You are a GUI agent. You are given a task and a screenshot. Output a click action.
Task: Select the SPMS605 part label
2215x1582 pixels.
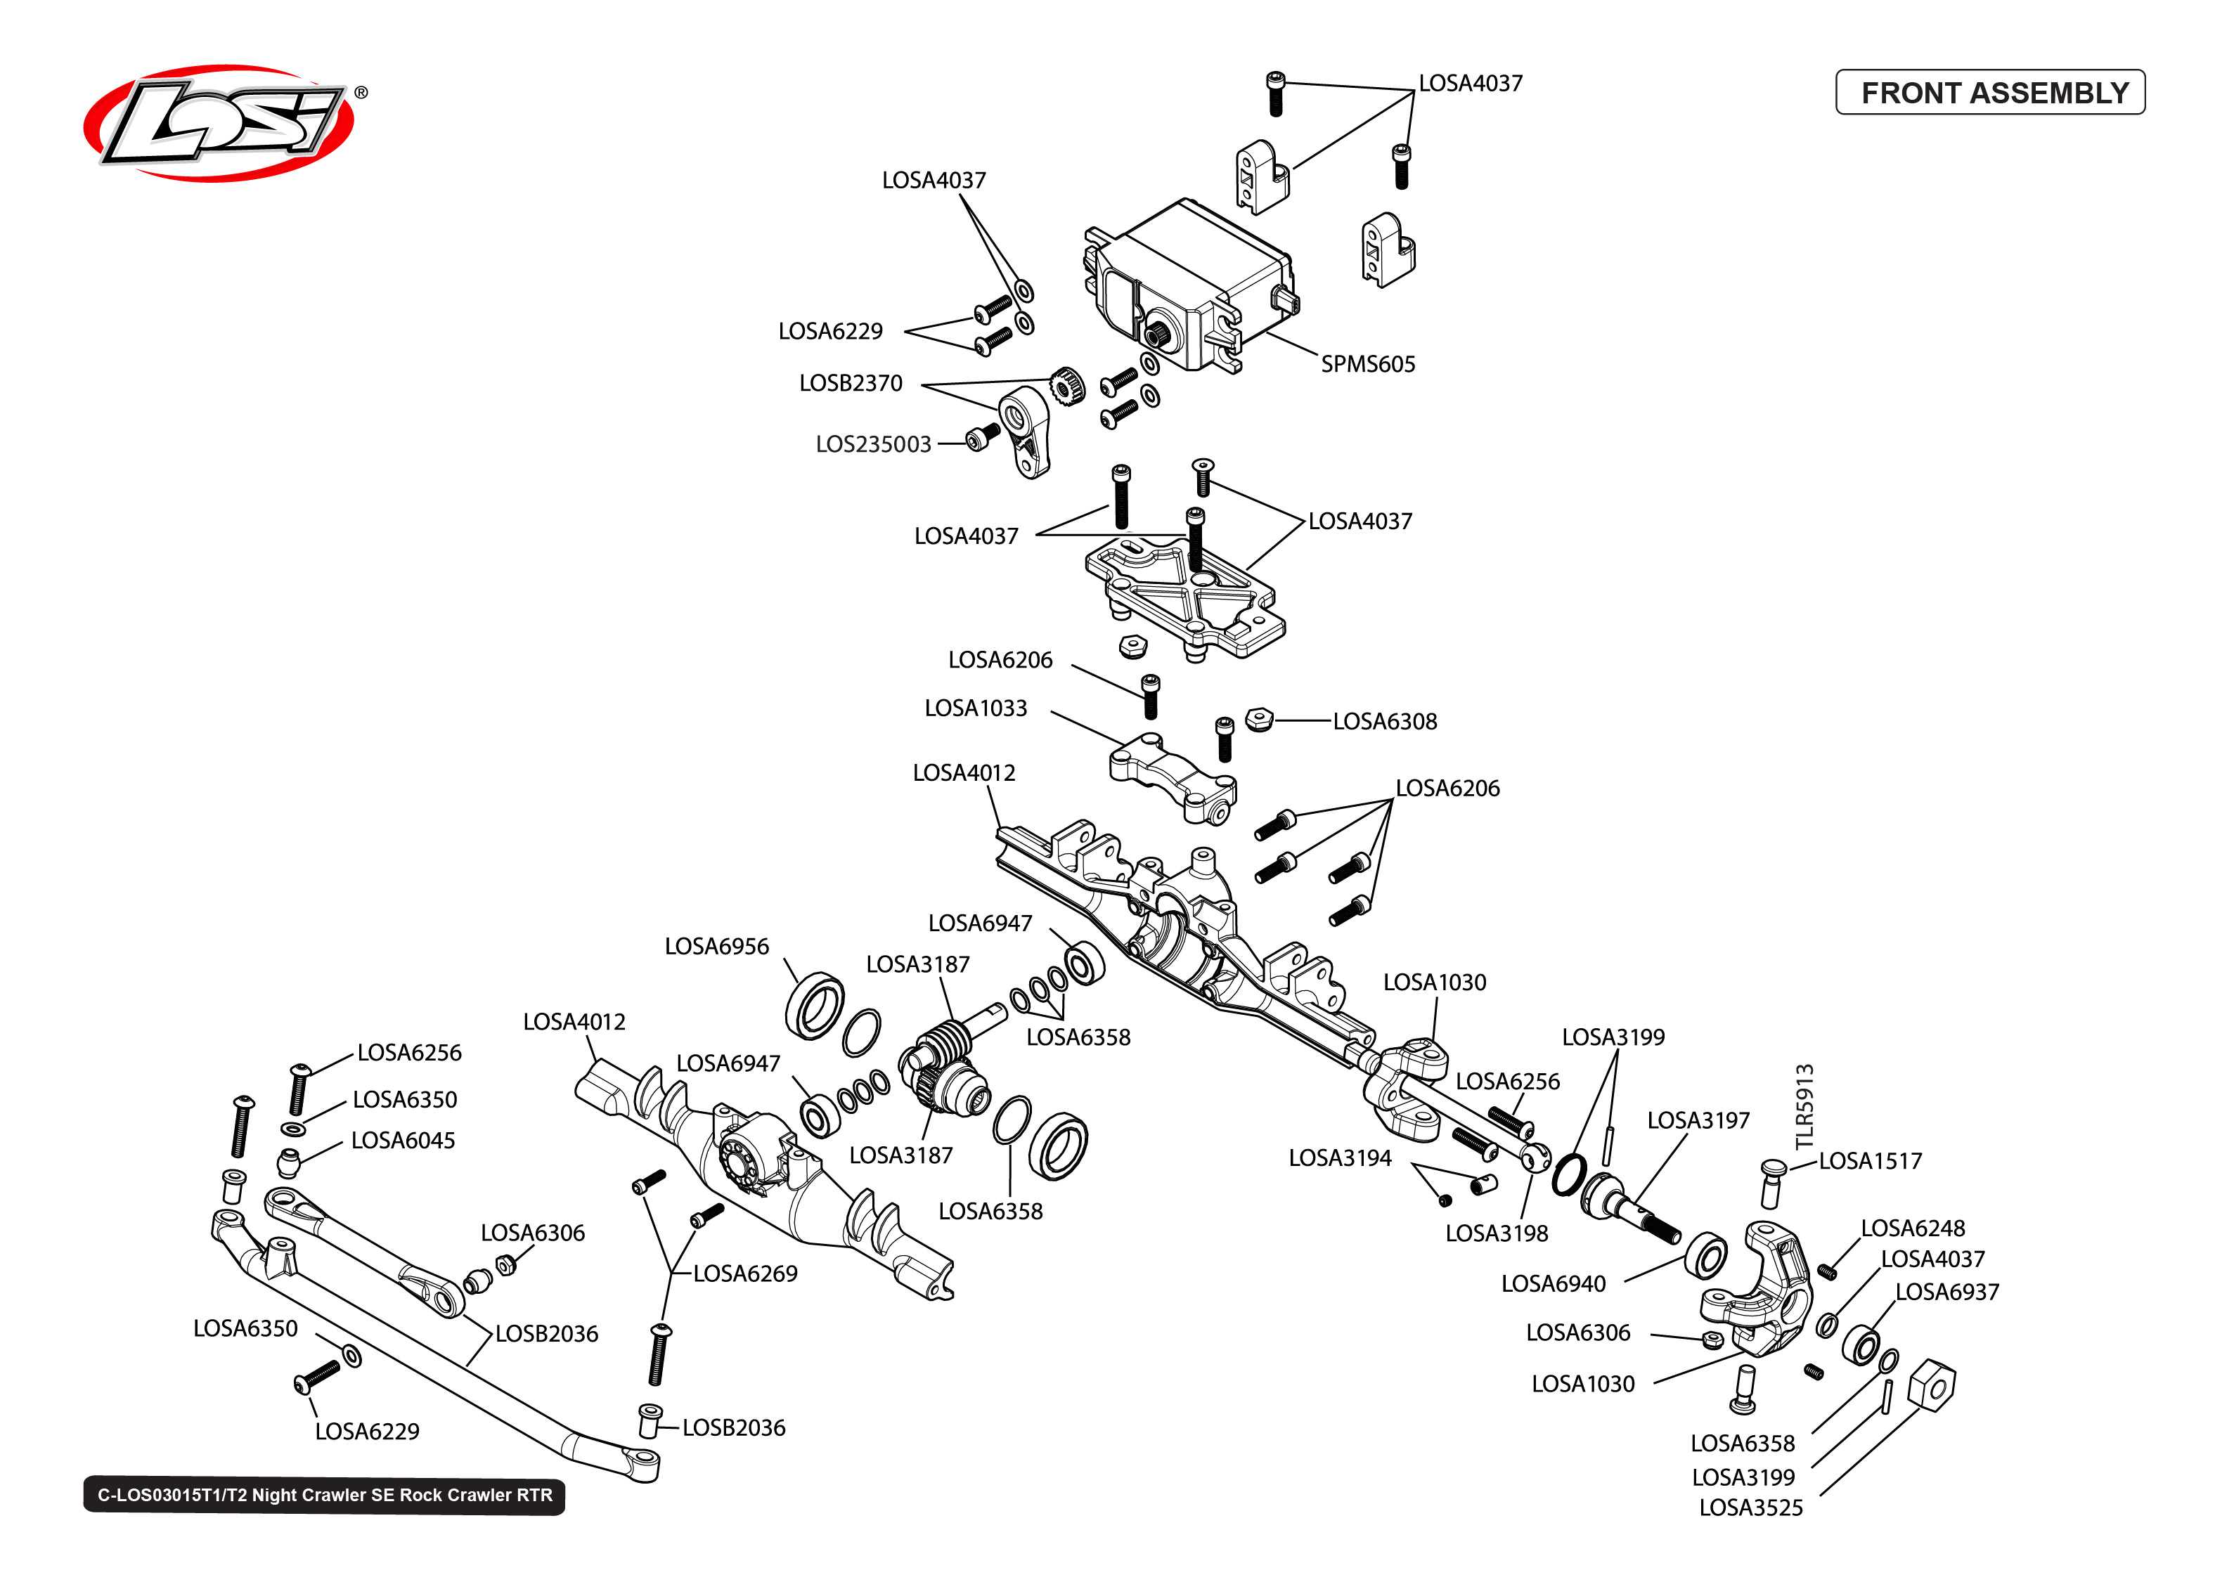pos(1367,364)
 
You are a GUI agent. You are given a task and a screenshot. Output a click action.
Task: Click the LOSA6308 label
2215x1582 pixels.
pos(1383,722)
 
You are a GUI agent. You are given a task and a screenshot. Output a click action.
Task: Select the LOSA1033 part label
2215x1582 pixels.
pos(974,708)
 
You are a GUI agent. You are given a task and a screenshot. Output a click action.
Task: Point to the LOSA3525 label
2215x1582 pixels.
pos(1750,1508)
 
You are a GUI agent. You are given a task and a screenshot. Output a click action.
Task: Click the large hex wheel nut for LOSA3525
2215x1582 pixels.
pos(1930,1385)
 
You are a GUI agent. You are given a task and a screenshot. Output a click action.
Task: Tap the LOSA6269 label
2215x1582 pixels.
pos(744,1274)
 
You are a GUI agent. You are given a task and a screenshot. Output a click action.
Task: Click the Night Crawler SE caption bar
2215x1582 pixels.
pos(323,1496)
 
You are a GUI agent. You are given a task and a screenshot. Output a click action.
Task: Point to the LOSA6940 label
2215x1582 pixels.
pos(1553,1284)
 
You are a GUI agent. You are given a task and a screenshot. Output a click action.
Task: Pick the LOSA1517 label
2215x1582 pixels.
pos(1869,1161)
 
